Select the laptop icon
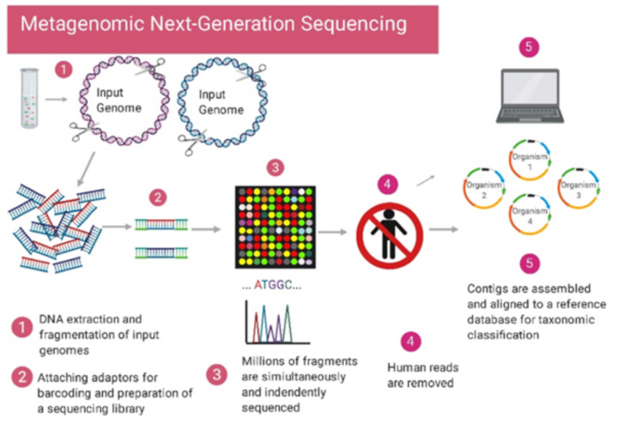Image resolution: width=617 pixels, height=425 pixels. [530, 96]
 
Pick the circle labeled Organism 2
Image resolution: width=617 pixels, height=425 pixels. [484, 189]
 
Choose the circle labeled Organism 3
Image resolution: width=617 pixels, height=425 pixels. [578, 189]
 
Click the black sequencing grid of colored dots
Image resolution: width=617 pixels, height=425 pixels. [275, 226]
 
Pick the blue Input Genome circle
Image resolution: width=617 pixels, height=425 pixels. [221, 103]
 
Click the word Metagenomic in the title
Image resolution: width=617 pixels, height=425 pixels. [78, 25]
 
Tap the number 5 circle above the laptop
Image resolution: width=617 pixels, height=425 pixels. [528, 48]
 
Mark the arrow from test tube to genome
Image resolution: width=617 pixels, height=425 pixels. [56, 98]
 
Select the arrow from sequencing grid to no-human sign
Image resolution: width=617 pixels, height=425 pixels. [332, 231]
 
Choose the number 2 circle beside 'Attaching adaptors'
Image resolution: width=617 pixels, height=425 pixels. [22, 377]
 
